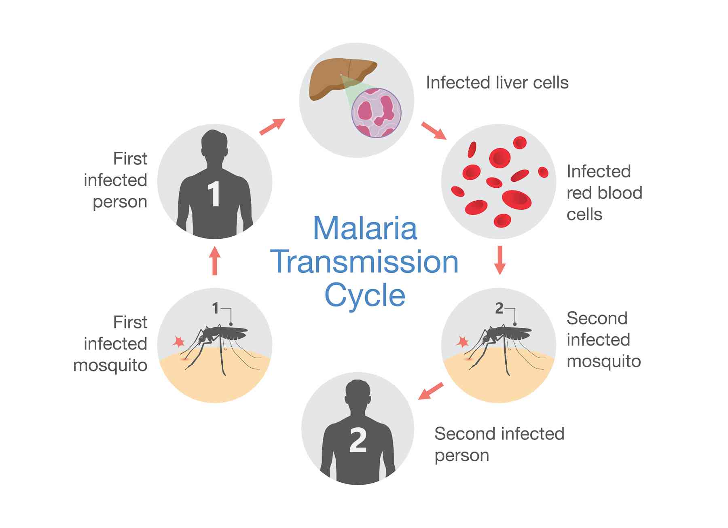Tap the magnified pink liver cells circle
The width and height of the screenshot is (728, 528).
(x=376, y=113)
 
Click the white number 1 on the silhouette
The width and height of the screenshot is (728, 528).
(x=214, y=194)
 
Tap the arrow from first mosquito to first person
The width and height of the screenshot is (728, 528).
(x=215, y=261)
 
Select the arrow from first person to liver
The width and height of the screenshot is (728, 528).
(x=272, y=127)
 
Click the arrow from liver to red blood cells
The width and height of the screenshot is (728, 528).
(x=434, y=130)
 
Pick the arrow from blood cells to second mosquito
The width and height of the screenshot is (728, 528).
(x=500, y=260)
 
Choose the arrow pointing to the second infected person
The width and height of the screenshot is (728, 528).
(x=430, y=391)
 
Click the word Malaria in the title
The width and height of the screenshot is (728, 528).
(x=365, y=229)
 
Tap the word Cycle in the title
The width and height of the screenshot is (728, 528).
(x=365, y=295)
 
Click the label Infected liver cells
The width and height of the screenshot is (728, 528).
(x=497, y=83)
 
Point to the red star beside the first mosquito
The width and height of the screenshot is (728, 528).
(x=178, y=342)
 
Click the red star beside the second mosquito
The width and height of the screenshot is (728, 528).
(x=462, y=342)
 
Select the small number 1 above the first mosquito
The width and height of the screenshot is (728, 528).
(x=216, y=308)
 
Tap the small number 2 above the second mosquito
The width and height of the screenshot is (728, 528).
(x=499, y=308)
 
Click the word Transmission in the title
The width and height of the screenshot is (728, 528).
(x=364, y=262)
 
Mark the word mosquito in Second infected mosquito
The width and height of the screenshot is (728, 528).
(x=603, y=361)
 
